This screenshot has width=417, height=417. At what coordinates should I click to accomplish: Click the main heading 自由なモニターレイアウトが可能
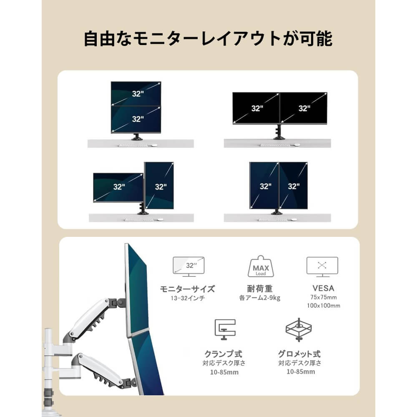pyautogui.click(x=208, y=39)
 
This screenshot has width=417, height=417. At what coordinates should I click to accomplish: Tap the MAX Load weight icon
pyautogui.click(x=261, y=267)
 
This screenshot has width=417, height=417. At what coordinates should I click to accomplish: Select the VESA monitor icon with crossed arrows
pyautogui.click(x=322, y=267)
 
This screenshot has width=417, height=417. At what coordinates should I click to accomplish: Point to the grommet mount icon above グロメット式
pyautogui.click(x=299, y=330)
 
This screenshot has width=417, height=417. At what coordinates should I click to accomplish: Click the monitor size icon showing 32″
pyautogui.click(x=188, y=267)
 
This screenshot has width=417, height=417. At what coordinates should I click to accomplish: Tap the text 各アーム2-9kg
pyautogui.click(x=259, y=298)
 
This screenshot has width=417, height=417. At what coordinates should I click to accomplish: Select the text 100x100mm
pyautogui.click(x=324, y=306)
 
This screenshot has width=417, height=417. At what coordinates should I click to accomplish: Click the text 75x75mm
pyautogui.click(x=324, y=297)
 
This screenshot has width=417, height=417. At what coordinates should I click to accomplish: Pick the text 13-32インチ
pyautogui.click(x=188, y=298)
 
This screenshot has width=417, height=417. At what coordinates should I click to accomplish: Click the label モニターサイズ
pyautogui.click(x=187, y=289)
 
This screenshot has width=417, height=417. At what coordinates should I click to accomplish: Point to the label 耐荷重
pyautogui.click(x=259, y=289)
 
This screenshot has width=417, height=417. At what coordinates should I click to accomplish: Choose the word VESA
pyautogui.click(x=324, y=288)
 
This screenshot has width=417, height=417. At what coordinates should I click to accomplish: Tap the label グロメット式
pyautogui.click(x=299, y=354)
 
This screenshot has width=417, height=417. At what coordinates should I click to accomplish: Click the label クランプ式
pyautogui.click(x=224, y=354)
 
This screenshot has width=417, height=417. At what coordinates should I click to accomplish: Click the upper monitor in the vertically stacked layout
pyautogui.click(x=136, y=93)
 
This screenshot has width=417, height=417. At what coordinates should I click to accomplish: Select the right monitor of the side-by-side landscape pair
pyautogui.click(x=304, y=108)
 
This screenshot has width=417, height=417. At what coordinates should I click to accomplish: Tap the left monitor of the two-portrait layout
pyautogui.click(x=264, y=186)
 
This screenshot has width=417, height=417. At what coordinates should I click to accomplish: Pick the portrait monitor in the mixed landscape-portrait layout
pyautogui.click(x=159, y=186)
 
